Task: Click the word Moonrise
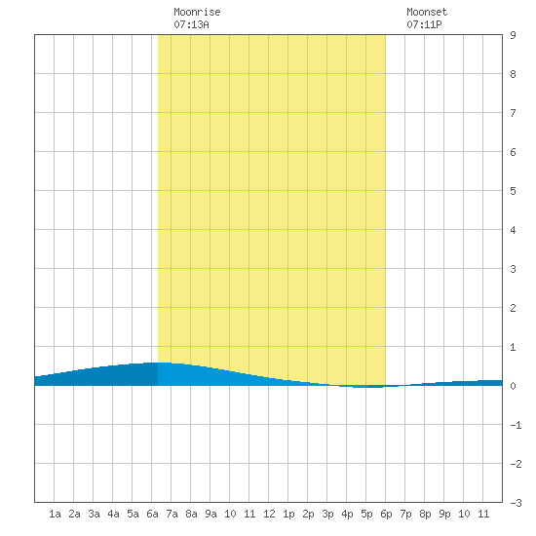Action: pos(197,12)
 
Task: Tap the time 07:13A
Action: pos(191,24)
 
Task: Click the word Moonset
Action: pos(427,12)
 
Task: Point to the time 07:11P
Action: pos(424,24)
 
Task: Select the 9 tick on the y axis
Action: pos(513,35)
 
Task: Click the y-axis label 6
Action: pos(513,152)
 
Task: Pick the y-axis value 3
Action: pos(513,269)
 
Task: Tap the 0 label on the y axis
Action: pos(513,386)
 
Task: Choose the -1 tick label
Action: pos(516,425)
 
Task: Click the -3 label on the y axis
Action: pos(516,503)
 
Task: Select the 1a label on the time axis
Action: pos(55,514)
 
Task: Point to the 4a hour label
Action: pos(113,514)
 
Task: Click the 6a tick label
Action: pos(152,514)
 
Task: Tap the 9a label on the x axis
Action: pos(211,514)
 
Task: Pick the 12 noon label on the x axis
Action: pos(269,514)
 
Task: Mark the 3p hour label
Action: pos(327,514)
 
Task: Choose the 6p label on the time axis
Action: pos(386,514)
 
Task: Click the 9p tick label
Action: pos(444,514)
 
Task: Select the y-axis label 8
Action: pos(513,74)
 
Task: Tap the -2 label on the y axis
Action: pos(516,464)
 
